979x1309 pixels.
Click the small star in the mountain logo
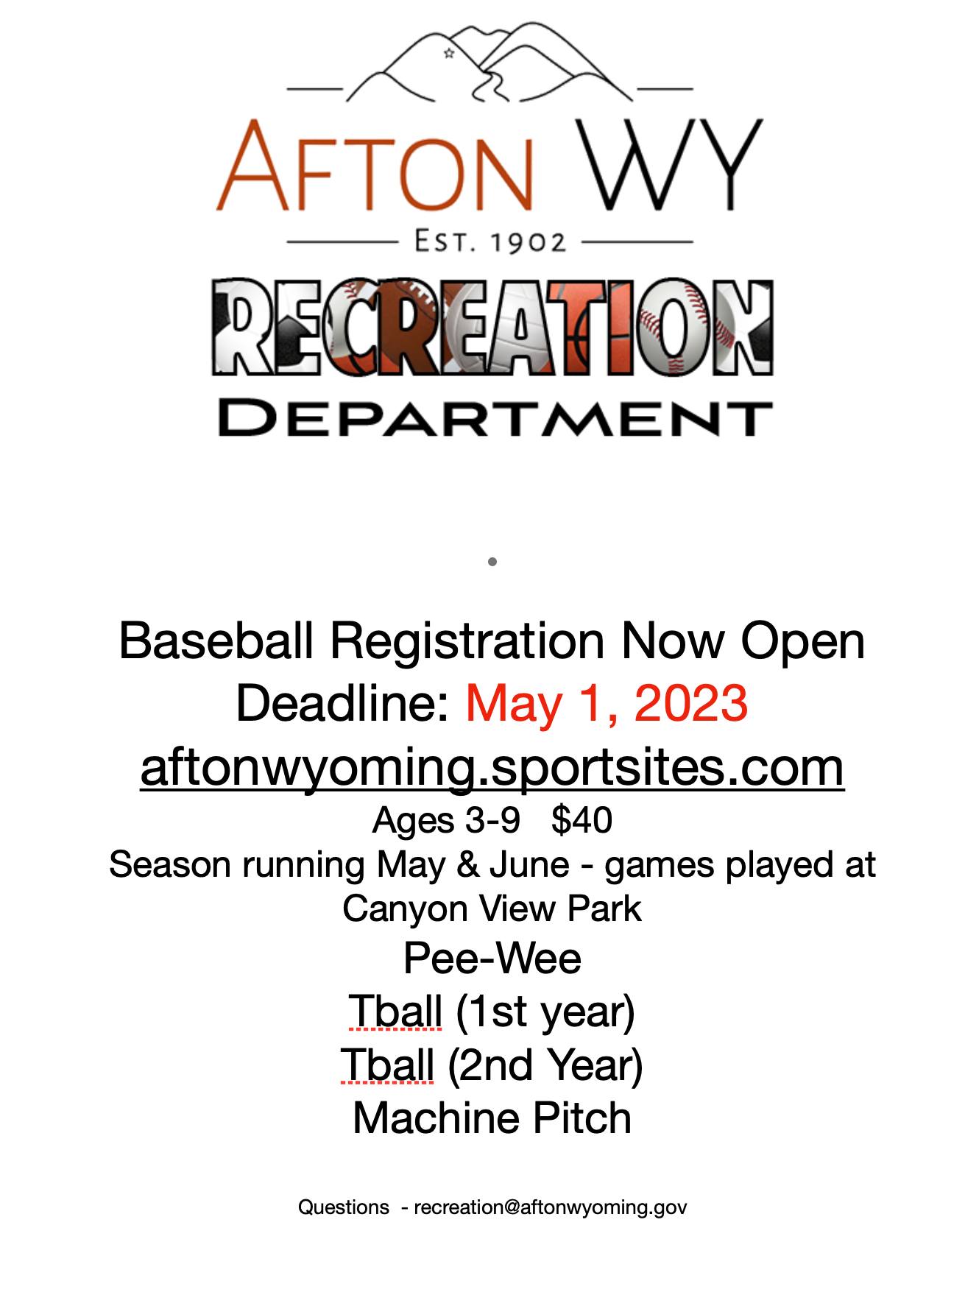[x=448, y=53]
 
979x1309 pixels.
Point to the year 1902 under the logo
[x=529, y=241]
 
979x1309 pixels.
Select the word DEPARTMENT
[x=495, y=418]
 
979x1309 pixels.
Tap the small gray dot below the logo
[x=492, y=562]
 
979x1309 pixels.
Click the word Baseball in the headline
[x=216, y=640]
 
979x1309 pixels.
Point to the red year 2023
[x=690, y=702]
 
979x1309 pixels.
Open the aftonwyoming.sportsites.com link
[x=492, y=767]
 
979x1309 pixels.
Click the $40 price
[x=582, y=819]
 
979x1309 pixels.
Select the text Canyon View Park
[x=492, y=908]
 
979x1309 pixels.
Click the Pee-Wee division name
[x=492, y=958]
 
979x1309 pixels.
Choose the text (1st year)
[x=545, y=1012]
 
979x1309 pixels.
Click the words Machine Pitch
[x=492, y=1118]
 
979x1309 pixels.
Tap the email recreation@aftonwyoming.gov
[x=550, y=1207]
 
